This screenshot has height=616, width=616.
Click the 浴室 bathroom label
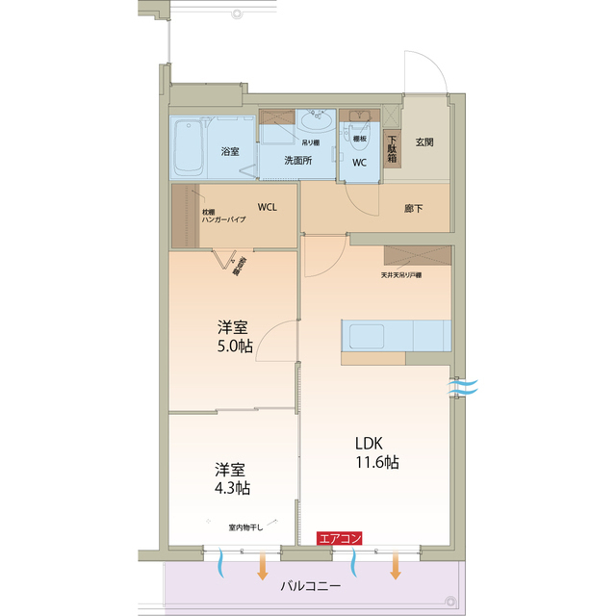[x=229, y=152]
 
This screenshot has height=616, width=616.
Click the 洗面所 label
[x=297, y=161]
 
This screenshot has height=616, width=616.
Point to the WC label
[x=359, y=163]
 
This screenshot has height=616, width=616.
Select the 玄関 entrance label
[x=424, y=142]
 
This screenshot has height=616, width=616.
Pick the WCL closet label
[x=267, y=207]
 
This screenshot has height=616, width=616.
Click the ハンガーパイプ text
[x=222, y=220]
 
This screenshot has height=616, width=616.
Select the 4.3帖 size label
[x=232, y=488]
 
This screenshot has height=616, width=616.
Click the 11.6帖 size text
[x=377, y=463]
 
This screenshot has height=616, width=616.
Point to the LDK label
[x=370, y=443]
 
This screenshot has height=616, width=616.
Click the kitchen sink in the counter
[x=366, y=336]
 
